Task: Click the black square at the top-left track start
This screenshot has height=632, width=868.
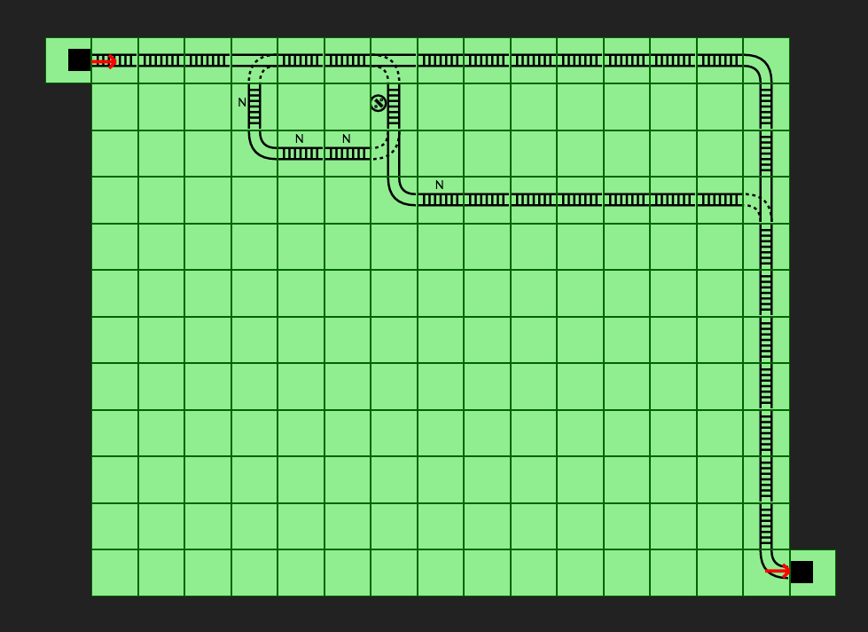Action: point(79,59)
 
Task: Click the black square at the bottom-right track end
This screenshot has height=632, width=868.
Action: point(802,572)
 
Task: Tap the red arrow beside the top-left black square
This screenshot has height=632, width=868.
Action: point(105,61)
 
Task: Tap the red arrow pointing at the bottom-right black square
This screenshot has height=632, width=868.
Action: point(778,571)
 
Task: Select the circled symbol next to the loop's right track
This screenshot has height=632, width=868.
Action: point(379,103)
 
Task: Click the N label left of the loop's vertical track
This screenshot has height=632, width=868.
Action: point(242,102)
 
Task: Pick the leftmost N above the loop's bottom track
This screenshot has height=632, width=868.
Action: point(300,138)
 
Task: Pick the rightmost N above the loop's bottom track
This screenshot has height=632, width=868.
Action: point(346,138)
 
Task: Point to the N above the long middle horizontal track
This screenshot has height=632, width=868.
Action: point(439,185)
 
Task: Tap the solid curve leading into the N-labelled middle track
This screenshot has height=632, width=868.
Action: point(400,192)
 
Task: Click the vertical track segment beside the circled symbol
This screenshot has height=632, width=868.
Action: point(394,107)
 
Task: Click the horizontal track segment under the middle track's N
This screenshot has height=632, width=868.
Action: point(440,200)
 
